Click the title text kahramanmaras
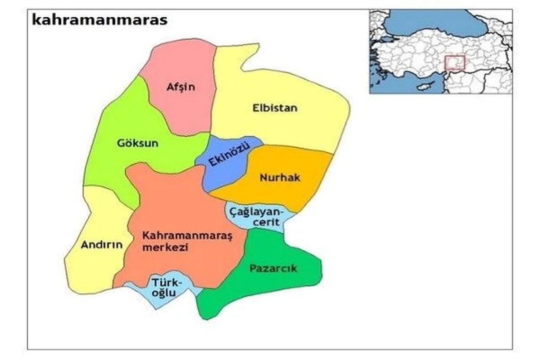[x=100, y=20]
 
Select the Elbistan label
[x=275, y=108]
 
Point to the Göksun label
[x=138, y=143]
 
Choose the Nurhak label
[x=280, y=178]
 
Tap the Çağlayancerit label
[x=258, y=215]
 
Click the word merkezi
[x=165, y=248]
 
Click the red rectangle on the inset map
[x=455, y=62]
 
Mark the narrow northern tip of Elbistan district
[x=249, y=49]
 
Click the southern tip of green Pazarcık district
[x=205, y=314]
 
